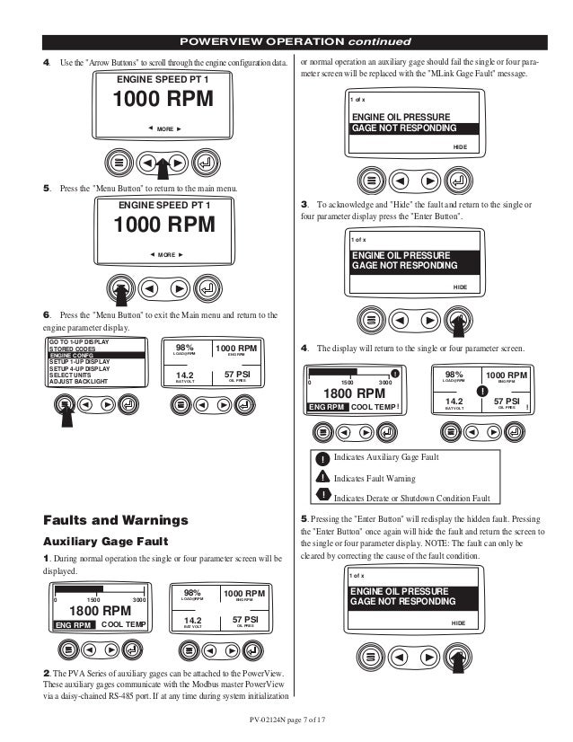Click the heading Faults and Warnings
116,521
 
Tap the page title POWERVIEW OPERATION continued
295,42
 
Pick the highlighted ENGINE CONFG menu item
72,356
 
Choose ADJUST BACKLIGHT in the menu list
78,383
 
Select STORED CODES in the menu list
75,349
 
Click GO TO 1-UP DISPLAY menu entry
79,341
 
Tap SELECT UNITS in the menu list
74,375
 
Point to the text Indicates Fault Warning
375,478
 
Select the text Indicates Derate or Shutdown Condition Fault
411,498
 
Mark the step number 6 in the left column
47,315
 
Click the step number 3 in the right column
305,206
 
